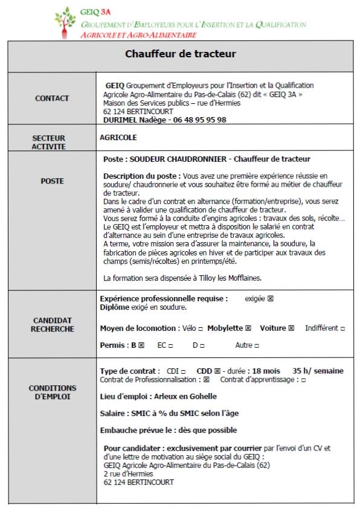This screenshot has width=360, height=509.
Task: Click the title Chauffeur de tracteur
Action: coord(180,54)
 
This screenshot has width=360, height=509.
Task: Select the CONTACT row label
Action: coord(52,98)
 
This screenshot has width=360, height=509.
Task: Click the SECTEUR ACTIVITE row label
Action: coord(49,142)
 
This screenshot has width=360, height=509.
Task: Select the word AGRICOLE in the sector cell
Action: coord(118,138)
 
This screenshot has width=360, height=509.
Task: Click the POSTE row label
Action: coord(52,181)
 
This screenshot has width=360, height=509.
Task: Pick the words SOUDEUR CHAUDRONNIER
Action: coord(178,159)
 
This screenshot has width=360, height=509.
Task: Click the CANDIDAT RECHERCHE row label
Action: coord(53,325)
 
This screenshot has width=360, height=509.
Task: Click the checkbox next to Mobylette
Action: coord(248,328)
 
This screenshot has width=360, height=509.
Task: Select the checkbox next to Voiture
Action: coord(291,328)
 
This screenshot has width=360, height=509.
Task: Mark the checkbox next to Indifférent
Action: coord(342,328)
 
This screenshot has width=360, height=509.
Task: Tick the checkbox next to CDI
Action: coord(183,371)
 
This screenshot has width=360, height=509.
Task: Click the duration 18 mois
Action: coord(266,371)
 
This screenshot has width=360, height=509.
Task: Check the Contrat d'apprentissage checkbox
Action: coord(303,380)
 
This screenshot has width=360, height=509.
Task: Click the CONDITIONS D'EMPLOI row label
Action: coord(53,392)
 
